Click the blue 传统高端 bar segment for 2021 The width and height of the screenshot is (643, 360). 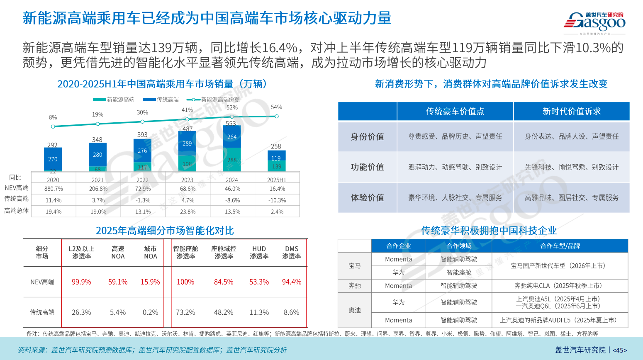(97, 155)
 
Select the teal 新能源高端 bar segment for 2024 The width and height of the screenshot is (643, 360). (232, 160)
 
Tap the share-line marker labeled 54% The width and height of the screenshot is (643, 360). (277, 116)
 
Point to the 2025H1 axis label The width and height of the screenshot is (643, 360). (277, 180)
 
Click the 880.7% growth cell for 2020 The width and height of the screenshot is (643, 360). (54, 189)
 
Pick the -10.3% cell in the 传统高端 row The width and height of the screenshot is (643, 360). (277, 200)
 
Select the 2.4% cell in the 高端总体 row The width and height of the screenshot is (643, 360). (277, 212)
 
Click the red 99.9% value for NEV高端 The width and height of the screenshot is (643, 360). (81, 282)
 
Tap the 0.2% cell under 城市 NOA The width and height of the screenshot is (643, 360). (150, 312)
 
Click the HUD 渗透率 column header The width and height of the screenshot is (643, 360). (259, 253)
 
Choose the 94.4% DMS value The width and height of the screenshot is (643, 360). (291, 282)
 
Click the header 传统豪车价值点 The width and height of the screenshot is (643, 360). (455, 112)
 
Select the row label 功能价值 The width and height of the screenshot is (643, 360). (367, 167)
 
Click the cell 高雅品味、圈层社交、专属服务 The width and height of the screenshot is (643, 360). (571, 198)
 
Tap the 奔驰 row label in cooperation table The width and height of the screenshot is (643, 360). (355, 286)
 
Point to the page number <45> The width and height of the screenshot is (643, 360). (620, 350)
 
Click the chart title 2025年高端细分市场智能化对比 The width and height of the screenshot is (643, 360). (165, 231)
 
